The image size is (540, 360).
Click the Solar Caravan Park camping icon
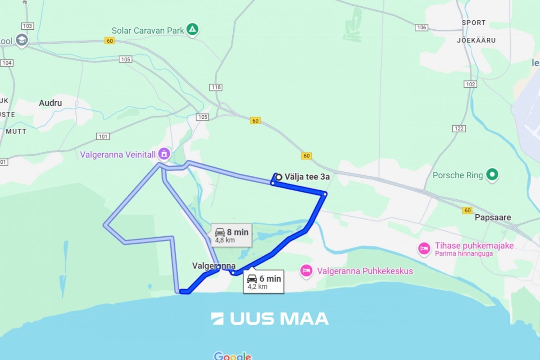[192, 30]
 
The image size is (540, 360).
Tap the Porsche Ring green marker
[492, 175]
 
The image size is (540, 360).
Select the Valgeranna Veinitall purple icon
[164, 154]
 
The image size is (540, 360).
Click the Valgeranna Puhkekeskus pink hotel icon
[307, 270]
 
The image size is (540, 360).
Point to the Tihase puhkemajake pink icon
[424, 248]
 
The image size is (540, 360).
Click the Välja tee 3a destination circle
[279, 177]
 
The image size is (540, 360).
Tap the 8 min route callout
[231, 235]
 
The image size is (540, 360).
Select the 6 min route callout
[264, 281]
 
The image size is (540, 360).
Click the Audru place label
[50, 103]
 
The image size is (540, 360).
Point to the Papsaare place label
[493, 218]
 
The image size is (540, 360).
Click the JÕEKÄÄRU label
[476, 40]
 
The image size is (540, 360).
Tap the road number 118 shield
[216, 87]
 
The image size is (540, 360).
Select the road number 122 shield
[459, 129]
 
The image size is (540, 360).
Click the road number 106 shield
[422, 27]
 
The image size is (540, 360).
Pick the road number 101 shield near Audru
[103, 136]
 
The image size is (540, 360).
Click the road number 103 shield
[27, 26]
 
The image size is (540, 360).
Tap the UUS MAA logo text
[270, 319]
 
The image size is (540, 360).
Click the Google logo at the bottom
[232, 356]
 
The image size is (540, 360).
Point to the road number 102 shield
[470, 84]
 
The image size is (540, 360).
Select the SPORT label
[473, 22]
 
